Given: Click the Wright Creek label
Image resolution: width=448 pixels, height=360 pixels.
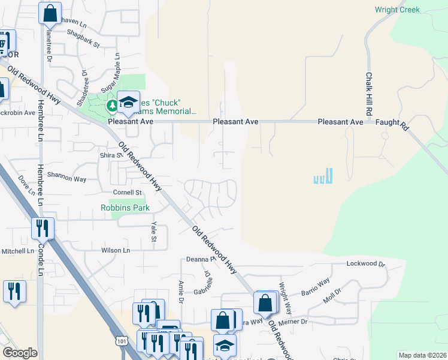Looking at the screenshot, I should pyautogui.click(x=397, y=10).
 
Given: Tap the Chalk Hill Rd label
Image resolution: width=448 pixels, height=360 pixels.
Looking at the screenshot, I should pyautogui.click(x=370, y=95).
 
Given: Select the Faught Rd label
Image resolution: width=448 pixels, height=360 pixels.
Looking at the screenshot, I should pyautogui.click(x=392, y=125).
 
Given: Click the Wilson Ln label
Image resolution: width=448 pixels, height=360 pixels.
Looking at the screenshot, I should pyautogui.click(x=116, y=250).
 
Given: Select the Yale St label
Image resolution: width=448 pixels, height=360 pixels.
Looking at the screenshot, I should pyautogui.click(x=154, y=230).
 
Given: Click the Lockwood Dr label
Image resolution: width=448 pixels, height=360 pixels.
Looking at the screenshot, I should pyautogui.click(x=366, y=263).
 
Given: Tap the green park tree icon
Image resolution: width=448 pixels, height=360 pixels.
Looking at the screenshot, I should pyautogui.click(x=112, y=106).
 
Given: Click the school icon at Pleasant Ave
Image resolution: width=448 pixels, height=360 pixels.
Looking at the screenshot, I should pyautogui.click(x=128, y=102).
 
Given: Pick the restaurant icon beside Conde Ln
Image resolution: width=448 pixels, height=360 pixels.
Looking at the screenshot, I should pyautogui.click(x=43, y=229).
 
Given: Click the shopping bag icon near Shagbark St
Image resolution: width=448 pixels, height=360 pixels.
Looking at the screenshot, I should pyautogui.click(x=50, y=12).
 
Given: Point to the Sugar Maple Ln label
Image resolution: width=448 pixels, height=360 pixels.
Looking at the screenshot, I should pyautogui.click(x=110, y=73).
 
